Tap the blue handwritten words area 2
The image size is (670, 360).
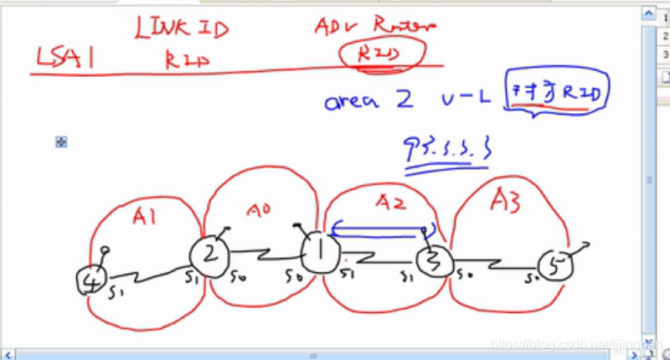368,100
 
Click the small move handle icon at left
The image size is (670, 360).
61,142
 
